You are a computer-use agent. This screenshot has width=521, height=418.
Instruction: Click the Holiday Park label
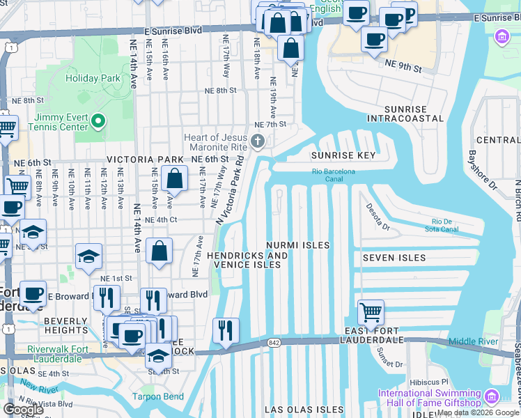point(93,78)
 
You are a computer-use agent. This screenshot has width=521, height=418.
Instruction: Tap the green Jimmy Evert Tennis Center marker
point(98,123)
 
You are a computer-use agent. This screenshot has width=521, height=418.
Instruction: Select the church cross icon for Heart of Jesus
point(258,143)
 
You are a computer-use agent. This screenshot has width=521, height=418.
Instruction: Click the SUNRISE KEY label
point(343,155)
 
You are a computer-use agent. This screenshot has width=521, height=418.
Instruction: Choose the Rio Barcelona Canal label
point(333,175)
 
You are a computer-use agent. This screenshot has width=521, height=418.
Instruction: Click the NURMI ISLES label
point(297,245)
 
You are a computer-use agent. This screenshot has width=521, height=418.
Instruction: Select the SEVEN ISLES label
point(394,258)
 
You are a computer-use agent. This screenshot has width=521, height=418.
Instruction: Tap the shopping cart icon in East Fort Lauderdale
point(371,313)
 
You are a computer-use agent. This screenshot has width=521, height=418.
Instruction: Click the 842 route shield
point(272,343)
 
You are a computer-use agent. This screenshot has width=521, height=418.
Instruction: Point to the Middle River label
point(473,341)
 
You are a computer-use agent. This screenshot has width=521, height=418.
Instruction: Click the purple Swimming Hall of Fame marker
point(491,397)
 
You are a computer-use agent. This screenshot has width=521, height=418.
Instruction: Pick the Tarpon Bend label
point(158,397)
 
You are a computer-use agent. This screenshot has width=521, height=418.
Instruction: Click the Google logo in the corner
point(23,410)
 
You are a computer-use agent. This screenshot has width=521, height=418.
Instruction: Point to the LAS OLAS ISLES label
point(304,410)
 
